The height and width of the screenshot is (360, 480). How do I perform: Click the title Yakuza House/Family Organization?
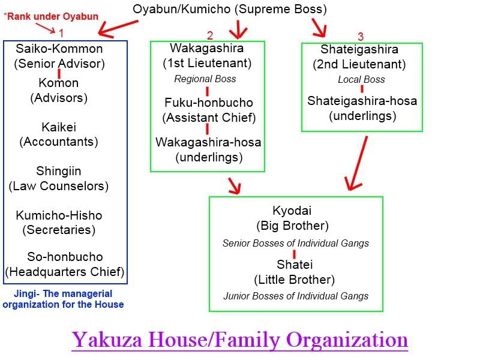coord(240,340)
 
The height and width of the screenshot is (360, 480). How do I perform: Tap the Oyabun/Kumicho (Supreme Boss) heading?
coord(230,9)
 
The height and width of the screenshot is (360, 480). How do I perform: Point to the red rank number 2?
coord(209,35)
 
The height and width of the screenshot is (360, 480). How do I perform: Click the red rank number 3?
coord(360,37)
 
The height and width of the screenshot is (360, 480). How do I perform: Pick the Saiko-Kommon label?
coord(59,49)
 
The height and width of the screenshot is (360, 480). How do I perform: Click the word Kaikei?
coord(59,127)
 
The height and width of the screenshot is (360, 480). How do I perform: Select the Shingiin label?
coord(59,171)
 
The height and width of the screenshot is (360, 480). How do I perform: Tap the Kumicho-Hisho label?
coord(59,215)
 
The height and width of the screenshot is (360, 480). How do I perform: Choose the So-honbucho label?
coord(65,257)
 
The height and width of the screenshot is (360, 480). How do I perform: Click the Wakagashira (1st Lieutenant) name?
coord(207,48)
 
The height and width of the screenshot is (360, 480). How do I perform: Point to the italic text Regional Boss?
coord(205,79)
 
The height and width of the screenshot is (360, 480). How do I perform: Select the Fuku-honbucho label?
coord(208,103)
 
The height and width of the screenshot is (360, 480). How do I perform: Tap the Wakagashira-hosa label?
coord(208,143)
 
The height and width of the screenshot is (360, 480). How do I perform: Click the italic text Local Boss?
coord(361,79)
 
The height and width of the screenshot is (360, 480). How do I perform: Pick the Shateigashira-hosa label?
coord(362,101)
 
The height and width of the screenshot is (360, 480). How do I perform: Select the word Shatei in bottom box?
coord(295,265)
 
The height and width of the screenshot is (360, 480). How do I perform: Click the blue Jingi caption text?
coord(63,299)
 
